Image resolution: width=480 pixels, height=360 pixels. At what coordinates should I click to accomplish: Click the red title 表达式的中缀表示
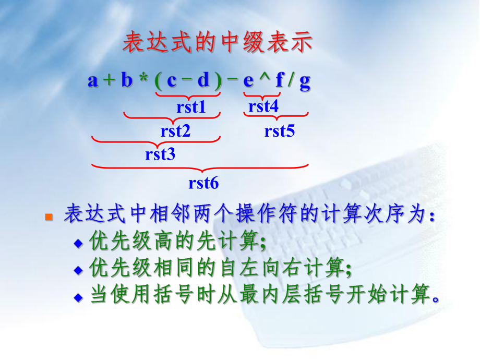(x=217, y=44)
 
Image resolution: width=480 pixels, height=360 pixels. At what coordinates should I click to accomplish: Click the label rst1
(x=191, y=107)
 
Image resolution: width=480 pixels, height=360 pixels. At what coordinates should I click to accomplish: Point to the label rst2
(x=176, y=131)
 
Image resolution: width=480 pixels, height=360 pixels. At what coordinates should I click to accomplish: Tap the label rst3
(x=160, y=154)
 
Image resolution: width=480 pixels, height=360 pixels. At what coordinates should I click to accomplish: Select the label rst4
(x=263, y=107)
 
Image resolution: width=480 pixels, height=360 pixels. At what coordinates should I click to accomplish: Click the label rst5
(x=280, y=131)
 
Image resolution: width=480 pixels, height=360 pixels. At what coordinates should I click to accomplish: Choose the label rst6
(x=203, y=183)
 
